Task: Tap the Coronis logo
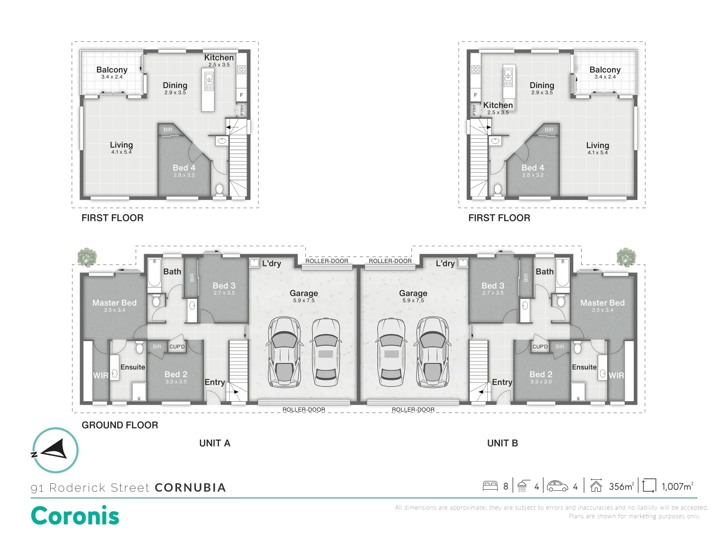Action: (x=75, y=515)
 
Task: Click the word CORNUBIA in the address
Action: (x=190, y=487)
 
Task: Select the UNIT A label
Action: (x=215, y=443)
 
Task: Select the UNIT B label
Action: (x=502, y=443)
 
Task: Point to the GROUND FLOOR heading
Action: (x=120, y=425)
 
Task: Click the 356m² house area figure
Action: (x=622, y=486)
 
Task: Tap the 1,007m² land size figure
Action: (x=677, y=486)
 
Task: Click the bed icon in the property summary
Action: (x=490, y=486)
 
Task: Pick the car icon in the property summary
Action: (x=557, y=486)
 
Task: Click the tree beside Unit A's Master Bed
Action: (x=87, y=257)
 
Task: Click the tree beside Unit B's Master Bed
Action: (x=626, y=257)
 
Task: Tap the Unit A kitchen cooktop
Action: (x=241, y=70)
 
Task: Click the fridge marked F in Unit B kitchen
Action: (x=475, y=95)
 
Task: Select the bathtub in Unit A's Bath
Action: (x=154, y=272)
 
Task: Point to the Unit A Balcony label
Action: (x=112, y=70)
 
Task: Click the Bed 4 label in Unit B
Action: (x=533, y=168)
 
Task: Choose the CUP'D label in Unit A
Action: (x=177, y=347)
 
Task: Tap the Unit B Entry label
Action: (x=502, y=382)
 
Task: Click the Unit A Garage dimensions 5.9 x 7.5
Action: (x=304, y=300)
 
